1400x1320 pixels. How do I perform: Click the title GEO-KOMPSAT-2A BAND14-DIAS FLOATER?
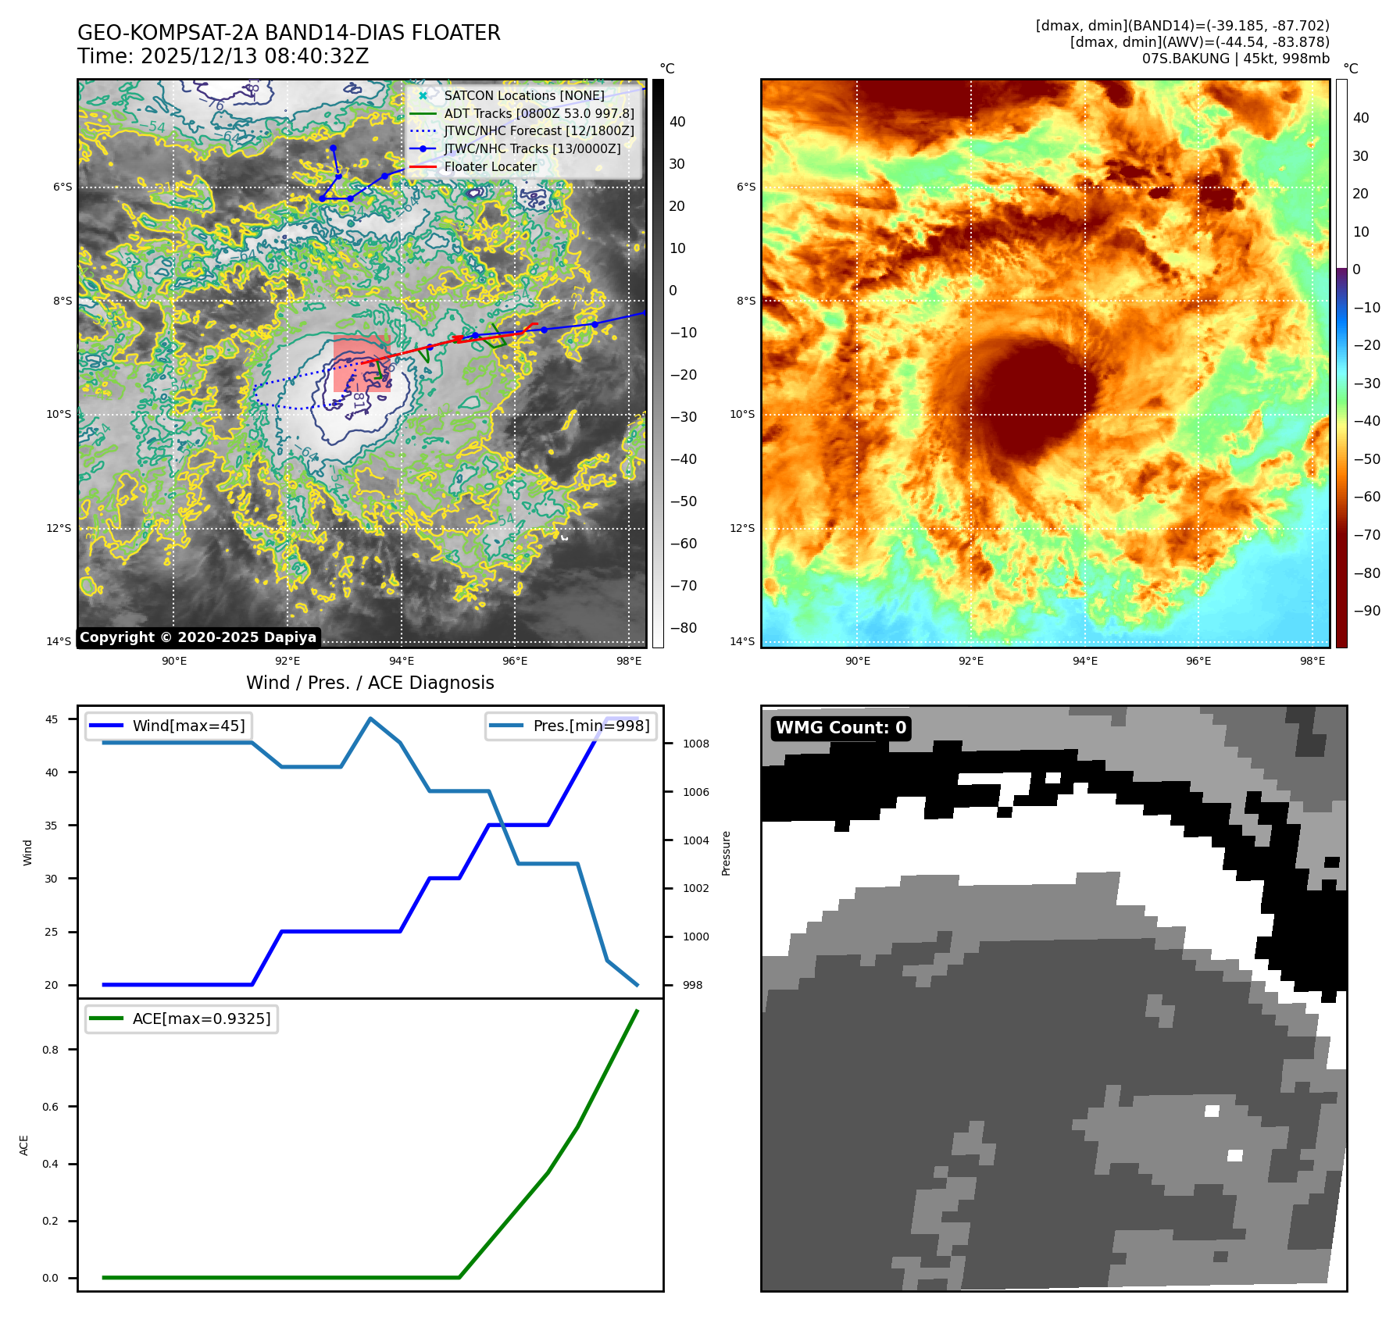288,33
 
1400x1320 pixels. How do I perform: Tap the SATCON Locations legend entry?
523,95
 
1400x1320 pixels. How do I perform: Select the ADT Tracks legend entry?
538,113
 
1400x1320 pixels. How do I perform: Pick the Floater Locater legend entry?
490,166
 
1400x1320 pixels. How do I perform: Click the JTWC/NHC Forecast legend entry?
538,130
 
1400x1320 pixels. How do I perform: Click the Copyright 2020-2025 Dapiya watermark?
198,637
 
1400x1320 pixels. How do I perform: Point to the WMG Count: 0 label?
841,728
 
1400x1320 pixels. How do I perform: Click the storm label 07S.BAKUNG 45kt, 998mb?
1235,59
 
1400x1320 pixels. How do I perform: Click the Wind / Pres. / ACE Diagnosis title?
370,683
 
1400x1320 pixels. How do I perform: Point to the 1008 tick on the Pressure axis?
695,744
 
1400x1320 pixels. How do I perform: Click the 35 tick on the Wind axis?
51,826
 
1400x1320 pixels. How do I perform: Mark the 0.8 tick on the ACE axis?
51,1050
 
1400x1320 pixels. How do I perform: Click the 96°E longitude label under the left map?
515,661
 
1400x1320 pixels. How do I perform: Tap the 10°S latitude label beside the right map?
742,414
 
